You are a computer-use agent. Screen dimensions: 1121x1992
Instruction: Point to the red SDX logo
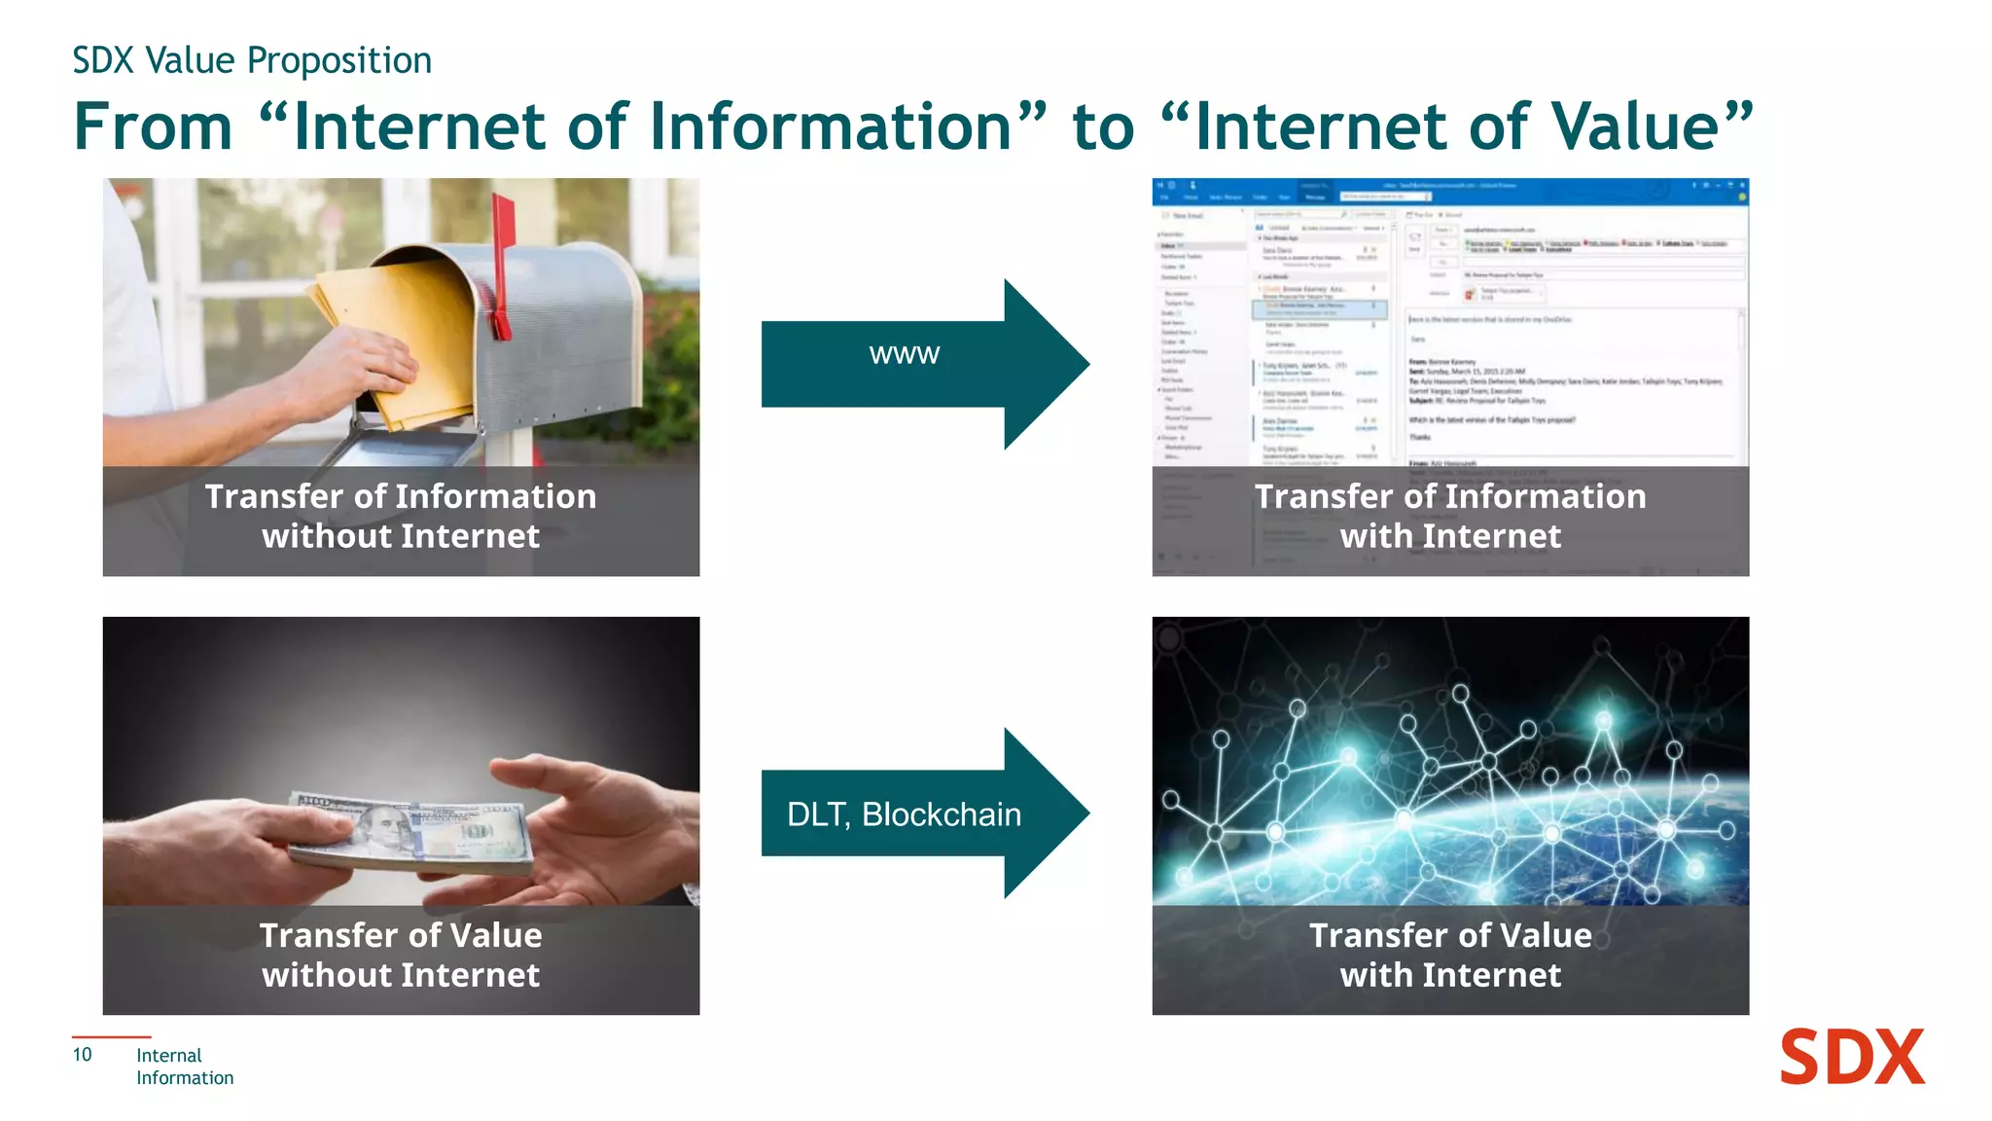tap(1851, 1058)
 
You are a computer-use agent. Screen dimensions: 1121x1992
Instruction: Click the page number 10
tap(83, 1055)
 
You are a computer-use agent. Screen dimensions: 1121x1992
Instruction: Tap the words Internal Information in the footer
tap(184, 1067)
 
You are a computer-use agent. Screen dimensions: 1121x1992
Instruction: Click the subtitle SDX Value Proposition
tap(252, 60)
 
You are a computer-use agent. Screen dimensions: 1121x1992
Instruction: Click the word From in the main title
tap(154, 127)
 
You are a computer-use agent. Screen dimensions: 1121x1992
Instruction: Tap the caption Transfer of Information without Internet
tap(401, 517)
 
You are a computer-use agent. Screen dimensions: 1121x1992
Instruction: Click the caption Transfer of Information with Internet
tap(1450, 517)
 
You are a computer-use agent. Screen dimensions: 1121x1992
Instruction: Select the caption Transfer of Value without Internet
tap(401, 956)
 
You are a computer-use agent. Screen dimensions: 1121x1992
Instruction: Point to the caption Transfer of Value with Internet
tap(1450, 956)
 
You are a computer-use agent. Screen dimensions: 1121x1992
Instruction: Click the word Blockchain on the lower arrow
tap(942, 814)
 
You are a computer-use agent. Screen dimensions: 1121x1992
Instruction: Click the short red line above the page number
tap(111, 1037)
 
